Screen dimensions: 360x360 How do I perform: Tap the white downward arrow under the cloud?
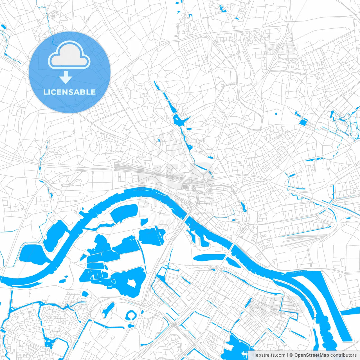(x=66, y=77)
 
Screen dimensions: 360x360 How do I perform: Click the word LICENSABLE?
(x=69, y=92)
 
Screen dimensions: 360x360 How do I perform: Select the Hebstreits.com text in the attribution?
(x=269, y=355)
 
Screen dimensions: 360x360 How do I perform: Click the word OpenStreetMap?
(x=312, y=355)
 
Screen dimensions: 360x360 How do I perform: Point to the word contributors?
(x=343, y=355)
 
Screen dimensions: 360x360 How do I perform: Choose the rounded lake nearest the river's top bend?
(x=124, y=213)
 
